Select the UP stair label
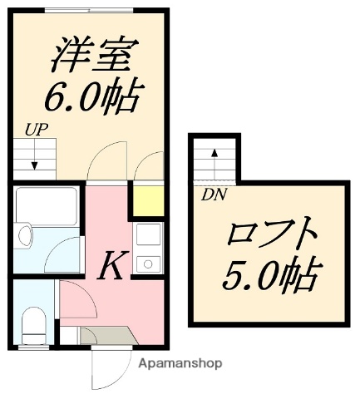click(x=34, y=129)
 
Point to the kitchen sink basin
click(x=149, y=264)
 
